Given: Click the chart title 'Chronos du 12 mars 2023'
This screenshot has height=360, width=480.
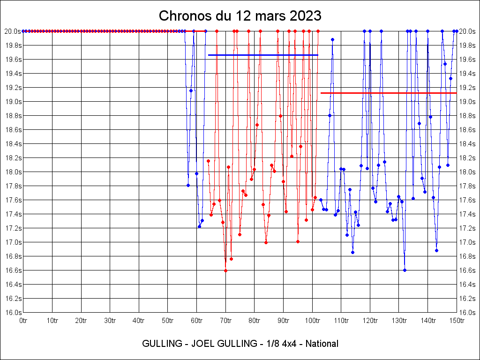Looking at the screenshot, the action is [x=240, y=16].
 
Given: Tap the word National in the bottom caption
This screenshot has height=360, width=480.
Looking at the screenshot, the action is [x=322, y=344].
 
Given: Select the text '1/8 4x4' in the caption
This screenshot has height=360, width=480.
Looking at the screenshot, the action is [x=280, y=344].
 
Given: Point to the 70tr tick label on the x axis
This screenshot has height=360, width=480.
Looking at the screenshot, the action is [x=225, y=321].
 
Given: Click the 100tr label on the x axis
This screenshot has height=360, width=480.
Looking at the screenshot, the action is [x=312, y=321].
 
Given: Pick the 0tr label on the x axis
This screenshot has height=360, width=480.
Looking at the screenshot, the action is [x=23, y=321].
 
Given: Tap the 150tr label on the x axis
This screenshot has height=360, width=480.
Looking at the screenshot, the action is [x=457, y=321].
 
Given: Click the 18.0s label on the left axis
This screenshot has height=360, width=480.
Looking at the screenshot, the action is [x=13, y=172].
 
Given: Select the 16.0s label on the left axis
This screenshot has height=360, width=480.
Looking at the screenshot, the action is [x=13, y=313].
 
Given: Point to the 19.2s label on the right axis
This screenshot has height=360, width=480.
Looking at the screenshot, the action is [x=467, y=88].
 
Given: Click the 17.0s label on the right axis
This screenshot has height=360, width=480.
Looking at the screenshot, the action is [x=467, y=242].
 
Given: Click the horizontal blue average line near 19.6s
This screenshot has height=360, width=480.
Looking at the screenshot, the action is [x=263, y=55].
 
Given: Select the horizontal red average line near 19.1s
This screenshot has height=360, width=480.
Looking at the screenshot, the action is [x=389, y=93].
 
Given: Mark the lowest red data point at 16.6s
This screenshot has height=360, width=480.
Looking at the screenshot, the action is [x=225, y=270].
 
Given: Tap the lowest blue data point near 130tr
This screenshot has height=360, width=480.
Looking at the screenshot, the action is [x=405, y=270].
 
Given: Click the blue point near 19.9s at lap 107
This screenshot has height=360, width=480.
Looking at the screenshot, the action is [x=332, y=39].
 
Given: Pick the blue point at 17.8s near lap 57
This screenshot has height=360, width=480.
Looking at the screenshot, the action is [x=188, y=186].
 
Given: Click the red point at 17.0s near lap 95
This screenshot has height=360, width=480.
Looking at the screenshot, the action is [x=298, y=242].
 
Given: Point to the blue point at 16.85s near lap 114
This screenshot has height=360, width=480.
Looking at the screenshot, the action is [x=352, y=252].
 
